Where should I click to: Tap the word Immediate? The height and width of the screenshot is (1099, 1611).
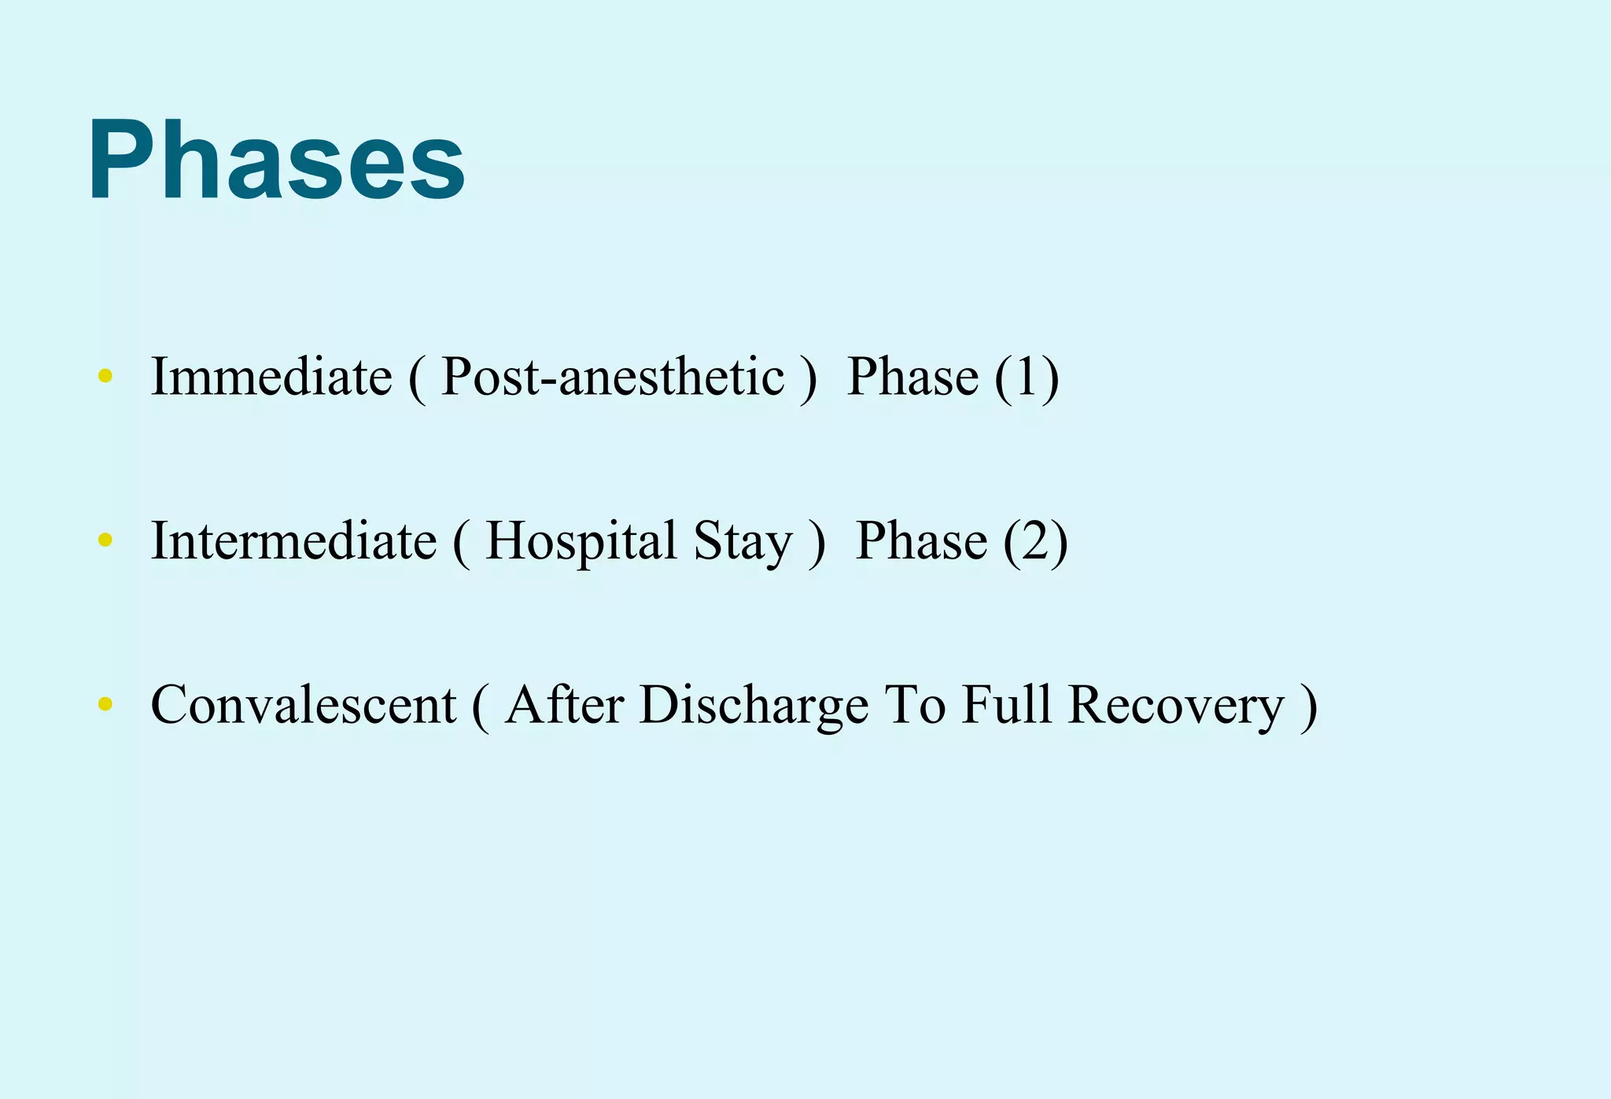[x=271, y=376]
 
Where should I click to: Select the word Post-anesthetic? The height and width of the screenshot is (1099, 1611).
[x=613, y=376]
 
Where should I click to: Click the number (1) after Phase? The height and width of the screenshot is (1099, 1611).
[x=1027, y=378]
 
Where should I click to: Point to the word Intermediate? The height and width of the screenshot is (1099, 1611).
[x=293, y=540]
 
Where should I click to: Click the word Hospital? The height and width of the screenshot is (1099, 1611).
[x=581, y=542]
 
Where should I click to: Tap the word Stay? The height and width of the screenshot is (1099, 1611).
[x=743, y=542]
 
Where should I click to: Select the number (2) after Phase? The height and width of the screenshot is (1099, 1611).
[x=1036, y=542]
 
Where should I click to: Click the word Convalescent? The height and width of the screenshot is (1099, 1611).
[x=304, y=704]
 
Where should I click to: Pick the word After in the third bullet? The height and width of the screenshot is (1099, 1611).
[x=564, y=704]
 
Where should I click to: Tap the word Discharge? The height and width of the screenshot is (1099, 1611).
[x=754, y=706]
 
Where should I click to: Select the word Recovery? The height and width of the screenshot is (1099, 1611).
[x=1176, y=706]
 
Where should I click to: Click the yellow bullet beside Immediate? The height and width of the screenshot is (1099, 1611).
[x=105, y=376]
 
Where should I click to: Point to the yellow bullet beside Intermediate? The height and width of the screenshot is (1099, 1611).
[x=105, y=540]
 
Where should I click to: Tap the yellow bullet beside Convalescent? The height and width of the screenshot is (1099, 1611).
[x=105, y=704]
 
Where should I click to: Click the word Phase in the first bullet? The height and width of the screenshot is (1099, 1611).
[x=912, y=376]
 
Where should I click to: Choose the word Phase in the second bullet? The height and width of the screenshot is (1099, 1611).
[x=921, y=540]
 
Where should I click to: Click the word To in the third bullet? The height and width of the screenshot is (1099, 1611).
[x=915, y=704]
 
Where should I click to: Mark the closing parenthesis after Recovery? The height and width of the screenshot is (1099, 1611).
[x=1308, y=706]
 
